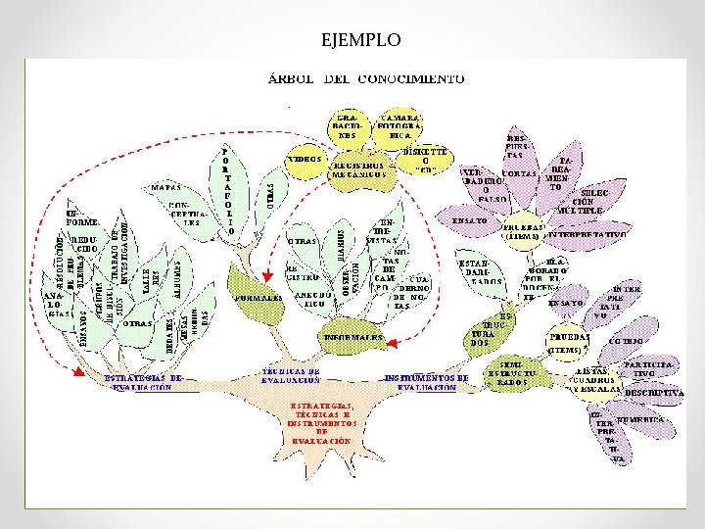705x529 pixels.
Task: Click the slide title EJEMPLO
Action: [x=360, y=40]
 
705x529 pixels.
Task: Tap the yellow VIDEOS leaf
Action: [x=306, y=159]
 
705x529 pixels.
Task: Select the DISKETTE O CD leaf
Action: [x=426, y=161]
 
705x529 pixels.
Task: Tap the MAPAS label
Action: [x=164, y=186]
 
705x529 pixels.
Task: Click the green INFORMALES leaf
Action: [x=353, y=335]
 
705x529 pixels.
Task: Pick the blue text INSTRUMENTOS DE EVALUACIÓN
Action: [x=426, y=382]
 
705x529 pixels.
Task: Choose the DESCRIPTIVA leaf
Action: [x=652, y=392]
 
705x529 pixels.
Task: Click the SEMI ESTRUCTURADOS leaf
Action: [x=517, y=373]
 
